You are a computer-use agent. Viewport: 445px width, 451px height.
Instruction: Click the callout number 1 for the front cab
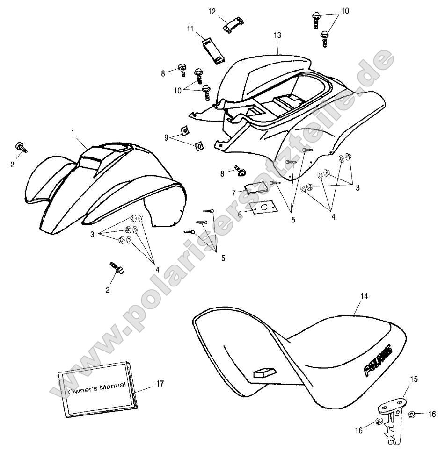[x=73, y=133]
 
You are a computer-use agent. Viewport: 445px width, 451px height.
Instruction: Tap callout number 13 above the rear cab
[x=277, y=35]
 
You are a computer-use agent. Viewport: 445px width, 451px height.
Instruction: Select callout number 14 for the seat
[x=364, y=296]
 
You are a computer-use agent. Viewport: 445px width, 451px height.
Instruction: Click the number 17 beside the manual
[x=160, y=384]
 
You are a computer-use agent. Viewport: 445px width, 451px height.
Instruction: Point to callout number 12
[x=212, y=11]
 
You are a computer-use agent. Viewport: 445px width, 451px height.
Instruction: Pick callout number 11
[x=190, y=29]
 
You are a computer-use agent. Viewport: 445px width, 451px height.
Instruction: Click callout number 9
[x=166, y=137]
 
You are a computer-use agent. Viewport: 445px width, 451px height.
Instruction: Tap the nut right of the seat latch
[x=412, y=414]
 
